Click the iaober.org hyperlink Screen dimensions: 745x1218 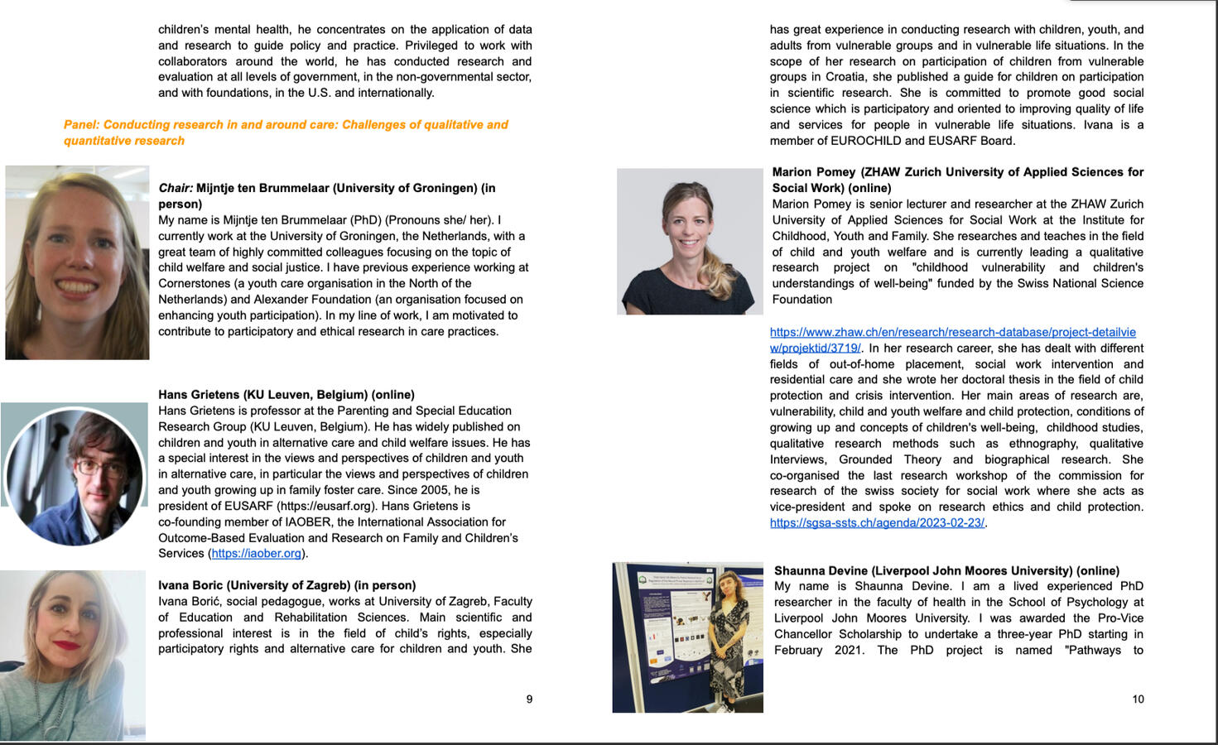click(257, 554)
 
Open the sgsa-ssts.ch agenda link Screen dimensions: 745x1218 click(877, 523)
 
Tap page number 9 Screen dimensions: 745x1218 click(529, 699)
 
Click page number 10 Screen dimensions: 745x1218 click(1138, 699)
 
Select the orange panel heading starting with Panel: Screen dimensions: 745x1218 click(286, 132)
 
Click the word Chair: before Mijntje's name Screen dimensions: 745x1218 click(176, 189)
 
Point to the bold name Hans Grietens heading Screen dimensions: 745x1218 click(286, 395)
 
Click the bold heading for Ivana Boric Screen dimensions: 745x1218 click(286, 585)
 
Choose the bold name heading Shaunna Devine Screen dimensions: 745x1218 click(946, 570)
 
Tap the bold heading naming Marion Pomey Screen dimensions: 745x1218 click(957, 180)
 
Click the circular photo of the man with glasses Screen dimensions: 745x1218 click(75, 474)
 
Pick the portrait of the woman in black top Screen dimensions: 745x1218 click(689, 242)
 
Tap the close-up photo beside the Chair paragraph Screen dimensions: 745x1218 click(77, 262)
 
